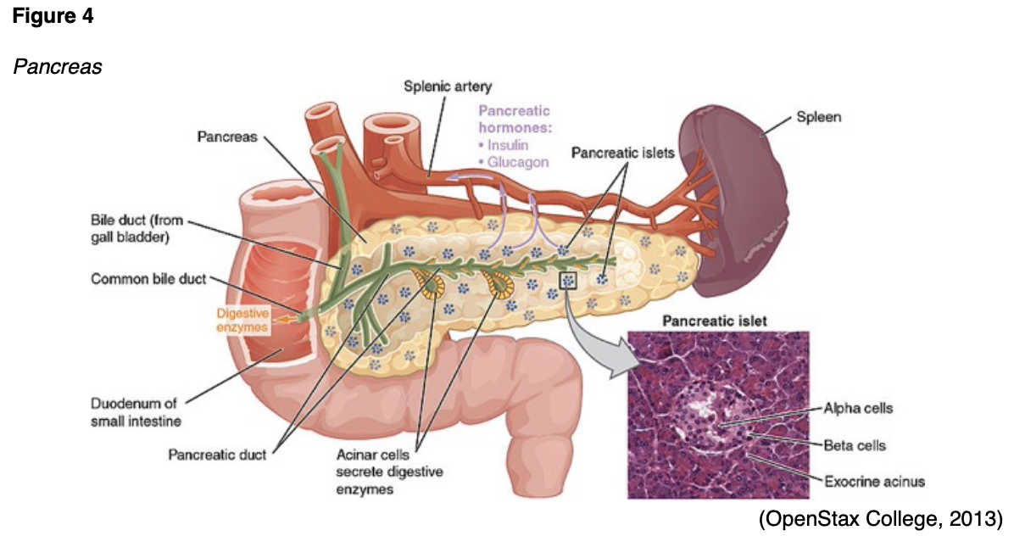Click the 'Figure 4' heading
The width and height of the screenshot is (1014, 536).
pyautogui.click(x=52, y=17)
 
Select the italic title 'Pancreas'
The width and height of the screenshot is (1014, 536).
pyautogui.click(x=57, y=66)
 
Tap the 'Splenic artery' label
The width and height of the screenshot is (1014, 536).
pyautogui.click(x=448, y=87)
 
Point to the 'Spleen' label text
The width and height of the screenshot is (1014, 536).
pyautogui.click(x=818, y=117)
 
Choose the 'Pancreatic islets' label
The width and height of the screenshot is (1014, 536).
pyautogui.click(x=622, y=154)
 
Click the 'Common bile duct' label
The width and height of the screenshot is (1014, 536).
pyautogui.click(x=148, y=280)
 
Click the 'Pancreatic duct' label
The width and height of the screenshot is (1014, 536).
pyautogui.click(x=217, y=455)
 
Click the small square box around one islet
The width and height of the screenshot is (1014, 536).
pyautogui.click(x=567, y=280)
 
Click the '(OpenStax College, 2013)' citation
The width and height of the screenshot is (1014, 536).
pyautogui.click(x=880, y=516)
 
